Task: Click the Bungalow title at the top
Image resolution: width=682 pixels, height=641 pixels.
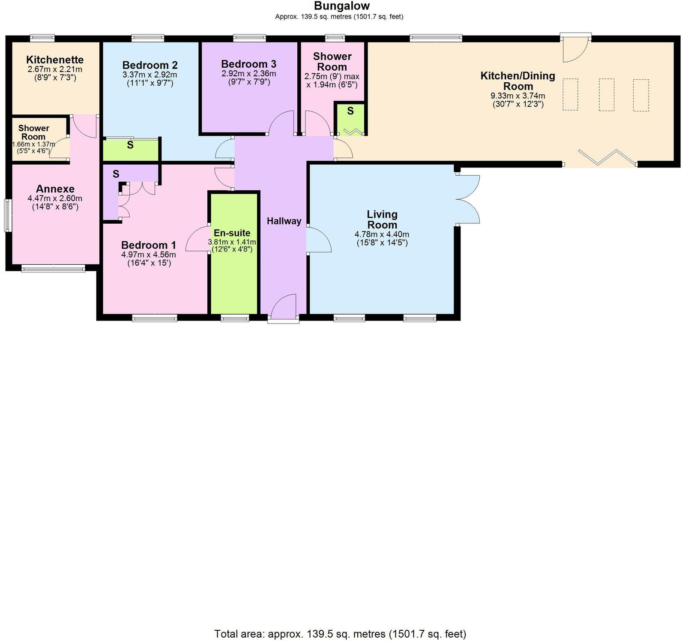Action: point(341,6)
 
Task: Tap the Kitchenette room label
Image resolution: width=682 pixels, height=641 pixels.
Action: point(55,60)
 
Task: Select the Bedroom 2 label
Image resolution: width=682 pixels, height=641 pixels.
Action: point(150,65)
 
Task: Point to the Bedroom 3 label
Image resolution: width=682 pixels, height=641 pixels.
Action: point(248,64)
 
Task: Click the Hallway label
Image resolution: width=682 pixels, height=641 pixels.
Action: point(284,221)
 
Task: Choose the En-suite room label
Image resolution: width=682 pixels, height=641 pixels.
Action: point(232,233)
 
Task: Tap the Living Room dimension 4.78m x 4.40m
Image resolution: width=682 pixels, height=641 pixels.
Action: point(382,234)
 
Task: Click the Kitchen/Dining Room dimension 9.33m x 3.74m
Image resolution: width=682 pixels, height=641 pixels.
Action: point(517,96)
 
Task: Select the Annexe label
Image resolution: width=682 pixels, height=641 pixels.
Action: point(55,189)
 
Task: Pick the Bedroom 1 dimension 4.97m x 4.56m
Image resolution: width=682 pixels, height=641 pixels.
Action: point(149,255)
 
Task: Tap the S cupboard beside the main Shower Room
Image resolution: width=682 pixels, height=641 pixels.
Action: point(350,111)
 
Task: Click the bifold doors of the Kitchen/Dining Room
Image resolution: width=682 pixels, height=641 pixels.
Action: point(607,157)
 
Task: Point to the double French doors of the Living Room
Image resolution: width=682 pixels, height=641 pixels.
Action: point(468,199)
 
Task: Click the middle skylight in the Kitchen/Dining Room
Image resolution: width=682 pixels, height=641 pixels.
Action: point(606,95)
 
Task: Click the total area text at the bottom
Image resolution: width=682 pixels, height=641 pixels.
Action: point(340,634)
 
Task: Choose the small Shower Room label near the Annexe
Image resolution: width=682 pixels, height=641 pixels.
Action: point(33,132)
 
